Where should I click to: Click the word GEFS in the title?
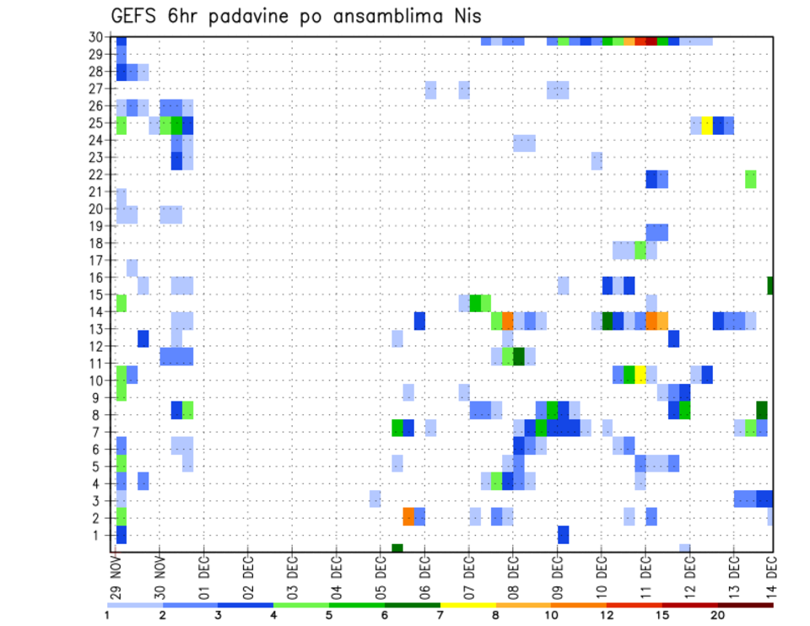pyautogui.click(x=136, y=17)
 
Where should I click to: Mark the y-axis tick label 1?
pyautogui.click(x=99, y=534)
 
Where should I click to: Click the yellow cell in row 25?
pyautogui.click(x=707, y=125)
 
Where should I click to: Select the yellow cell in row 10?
pyautogui.click(x=640, y=373)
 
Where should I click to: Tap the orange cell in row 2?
pyautogui.click(x=408, y=516)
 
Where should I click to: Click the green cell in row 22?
pyautogui.click(x=751, y=179)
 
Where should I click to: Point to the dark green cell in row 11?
pyautogui.click(x=519, y=356)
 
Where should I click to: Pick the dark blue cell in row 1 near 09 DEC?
pyautogui.click(x=563, y=534)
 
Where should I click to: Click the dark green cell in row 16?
pyautogui.click(x=770, y=285)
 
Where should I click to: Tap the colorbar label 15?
pyautogui.click(x=663, y=615)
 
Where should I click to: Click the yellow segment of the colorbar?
pyautogui.click(x=468, y=605)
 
